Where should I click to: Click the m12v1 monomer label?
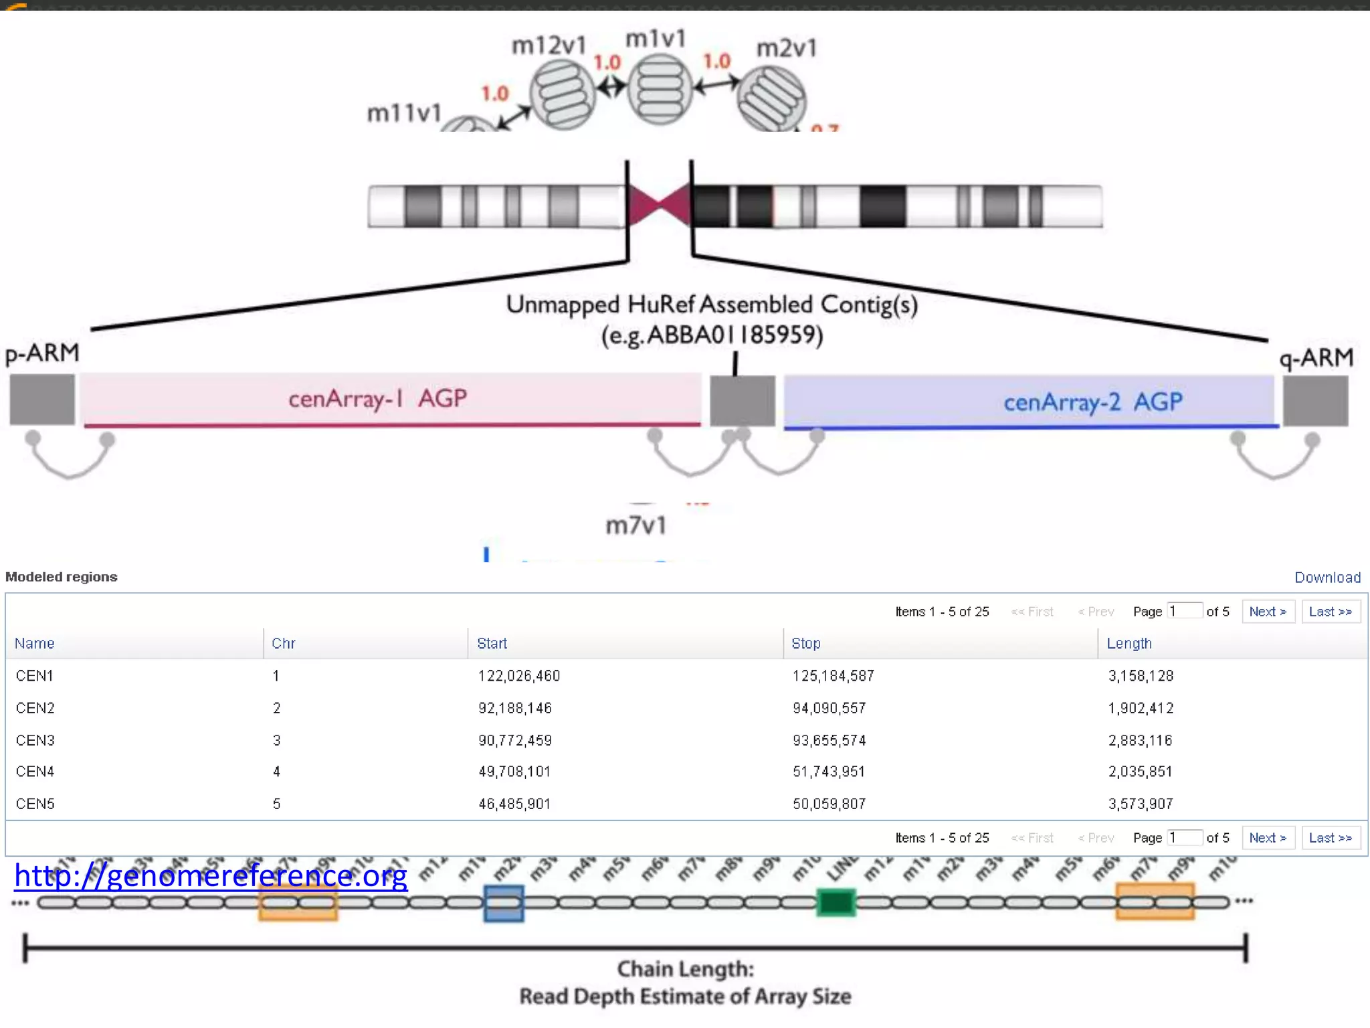point(549,46)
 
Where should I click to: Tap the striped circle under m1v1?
point(660,90)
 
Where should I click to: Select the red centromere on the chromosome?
point(659,205)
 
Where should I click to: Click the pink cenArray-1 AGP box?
point(391,399)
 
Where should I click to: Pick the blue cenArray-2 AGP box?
point(1030,402)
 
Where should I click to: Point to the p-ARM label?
point(42,353)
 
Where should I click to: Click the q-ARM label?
point(1316,357)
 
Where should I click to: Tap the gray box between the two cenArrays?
point(742,400)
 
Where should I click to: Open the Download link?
point(1327,578)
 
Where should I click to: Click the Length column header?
point(1129,643)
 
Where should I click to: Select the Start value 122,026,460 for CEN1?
point(519,676)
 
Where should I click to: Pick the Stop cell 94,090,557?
point(829,708)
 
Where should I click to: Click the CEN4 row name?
point(35,772)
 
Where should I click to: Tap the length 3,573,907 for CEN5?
point(1141,804)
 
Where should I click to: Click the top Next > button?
point(1268,612)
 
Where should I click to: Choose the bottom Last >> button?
point(1331,838)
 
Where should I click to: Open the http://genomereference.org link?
point(211,875)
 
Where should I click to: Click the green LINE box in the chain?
point(836,903)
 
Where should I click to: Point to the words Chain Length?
point(686,969)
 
